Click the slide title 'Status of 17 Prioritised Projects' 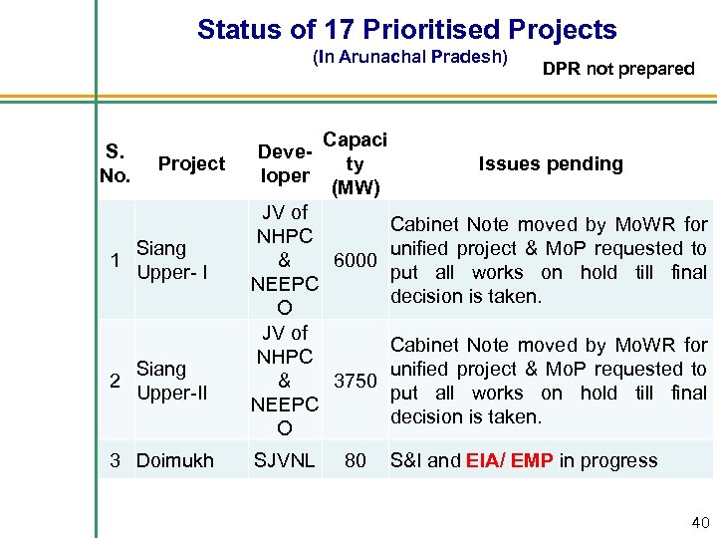[x=406, y=30]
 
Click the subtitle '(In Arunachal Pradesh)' [x=410, y=57]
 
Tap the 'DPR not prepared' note [x=618, y=69]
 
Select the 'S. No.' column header [x=116, y=164]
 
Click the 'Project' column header [x=191, y=164]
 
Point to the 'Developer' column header [x=284, y=164]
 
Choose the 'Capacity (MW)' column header [x=355, y=164]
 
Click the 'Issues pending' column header [x=551, y=164]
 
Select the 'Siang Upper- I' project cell [x=170, y=260]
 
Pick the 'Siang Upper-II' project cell [x=171, y=381]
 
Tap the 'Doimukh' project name [x=174, y=461]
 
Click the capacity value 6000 [x=355, y=261]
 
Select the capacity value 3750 [x=355, y=381]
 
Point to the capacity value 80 [x=355, y=461]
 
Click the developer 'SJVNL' [x=284, y=461]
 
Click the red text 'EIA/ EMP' [x=506, y=461]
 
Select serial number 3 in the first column [x=116, y=461]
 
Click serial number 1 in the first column [x=116, y=260]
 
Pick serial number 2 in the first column [x=116, y=381]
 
